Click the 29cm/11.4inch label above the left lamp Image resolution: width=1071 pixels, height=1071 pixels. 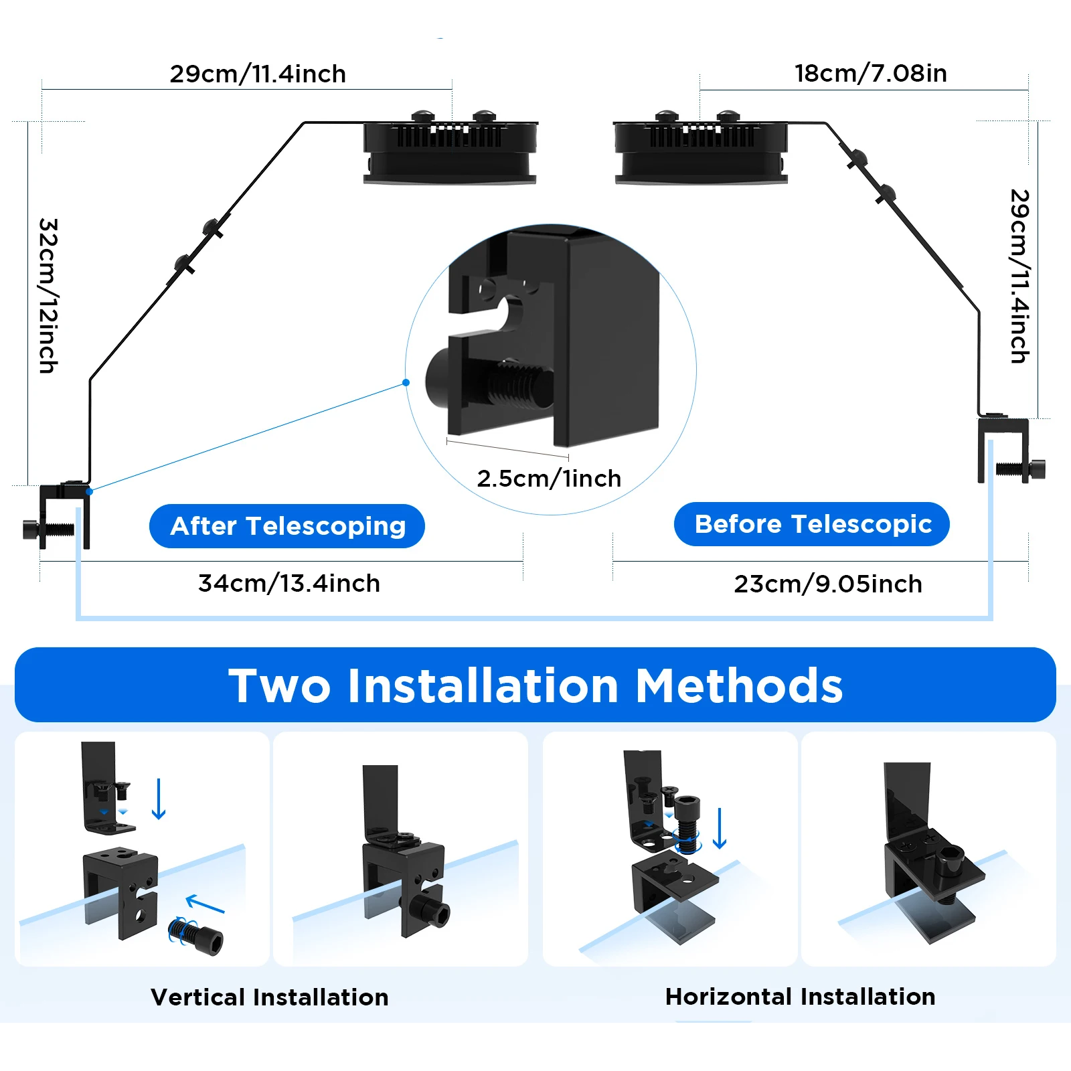[x=258, y=74]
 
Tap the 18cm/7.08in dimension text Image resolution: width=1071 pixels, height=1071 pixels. [x=871, y=73]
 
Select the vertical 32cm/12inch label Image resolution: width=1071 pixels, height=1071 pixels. [x=48, y=295]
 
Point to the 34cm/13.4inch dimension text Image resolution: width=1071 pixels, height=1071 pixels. [x=289, y=583]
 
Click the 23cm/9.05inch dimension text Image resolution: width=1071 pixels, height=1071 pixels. [x=828, y=584]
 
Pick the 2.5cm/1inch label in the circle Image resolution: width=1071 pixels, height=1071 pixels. [x=549, y=478]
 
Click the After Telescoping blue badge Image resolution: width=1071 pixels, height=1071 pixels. [x=287, y=526]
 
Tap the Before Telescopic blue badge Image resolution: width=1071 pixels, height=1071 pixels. [x=812, y=524]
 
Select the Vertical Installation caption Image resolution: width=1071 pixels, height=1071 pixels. [x=270, y=997]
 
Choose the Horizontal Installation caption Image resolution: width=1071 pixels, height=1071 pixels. [x=801, y=997]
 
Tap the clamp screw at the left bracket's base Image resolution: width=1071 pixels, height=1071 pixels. [x=47, y=529]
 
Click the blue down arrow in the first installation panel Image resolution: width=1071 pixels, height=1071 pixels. [x=159, y=799]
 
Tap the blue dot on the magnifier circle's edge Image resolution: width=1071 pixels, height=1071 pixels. [x=406, y=383]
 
